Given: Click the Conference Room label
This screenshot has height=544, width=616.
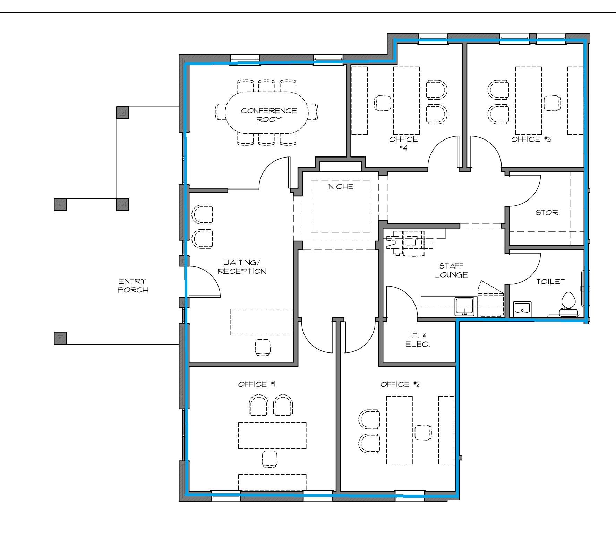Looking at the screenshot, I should click(x=269, y=115).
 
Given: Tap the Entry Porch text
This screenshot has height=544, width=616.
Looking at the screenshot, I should click(x=132, y=285).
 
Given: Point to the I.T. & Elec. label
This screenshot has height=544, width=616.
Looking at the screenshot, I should click(x=418, y=340).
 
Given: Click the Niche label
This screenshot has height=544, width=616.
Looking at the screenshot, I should click(x=341, y=187).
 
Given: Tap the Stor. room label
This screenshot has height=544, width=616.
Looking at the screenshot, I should click(x=547, y=213).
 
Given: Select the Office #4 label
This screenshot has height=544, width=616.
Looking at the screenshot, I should click(x=403, y=143).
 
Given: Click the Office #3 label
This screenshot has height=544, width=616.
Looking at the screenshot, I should click(x=531, y=139).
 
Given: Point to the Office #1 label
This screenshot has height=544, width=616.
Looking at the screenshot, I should click(x=257, y=384).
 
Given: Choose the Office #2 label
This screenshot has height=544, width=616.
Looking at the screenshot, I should click(x=400, y=384).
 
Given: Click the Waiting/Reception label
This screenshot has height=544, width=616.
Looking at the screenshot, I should click(x=242, y=267).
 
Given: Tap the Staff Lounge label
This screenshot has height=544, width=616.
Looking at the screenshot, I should click(x=451, y=270).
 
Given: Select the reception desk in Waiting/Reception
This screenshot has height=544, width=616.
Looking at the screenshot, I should click(x=262, y=322).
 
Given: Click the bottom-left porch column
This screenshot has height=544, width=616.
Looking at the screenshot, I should click(x=60, y=338).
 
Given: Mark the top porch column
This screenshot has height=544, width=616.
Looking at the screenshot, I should click(x=122, y=113).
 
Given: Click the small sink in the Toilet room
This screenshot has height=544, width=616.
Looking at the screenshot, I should click(x=522, y=308).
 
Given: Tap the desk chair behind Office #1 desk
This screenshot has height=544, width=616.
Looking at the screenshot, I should click(x=269, y=459).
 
